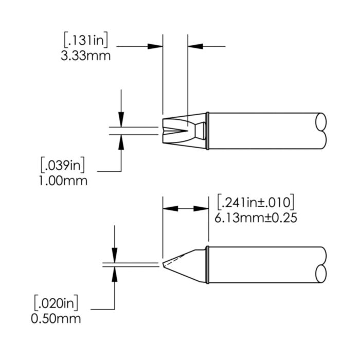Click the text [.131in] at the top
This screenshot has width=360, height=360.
click(87, 41)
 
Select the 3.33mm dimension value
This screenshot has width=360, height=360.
click(86, 55)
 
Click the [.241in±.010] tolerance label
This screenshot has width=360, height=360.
click(256, 202)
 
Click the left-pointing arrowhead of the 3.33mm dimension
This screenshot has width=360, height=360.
click(196, 46)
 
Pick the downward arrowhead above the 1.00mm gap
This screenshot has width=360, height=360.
click(121, 120)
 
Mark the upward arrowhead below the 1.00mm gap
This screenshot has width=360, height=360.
click(121, 141)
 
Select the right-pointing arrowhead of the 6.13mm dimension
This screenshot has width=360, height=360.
click(201, 209)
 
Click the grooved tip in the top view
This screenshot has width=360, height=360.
click(175, 132)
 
